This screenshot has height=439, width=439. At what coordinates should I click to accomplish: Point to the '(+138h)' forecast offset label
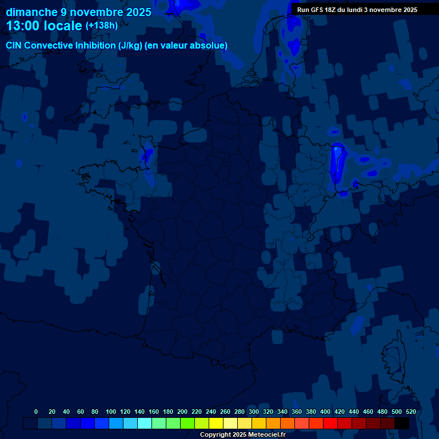[x=102, y=26]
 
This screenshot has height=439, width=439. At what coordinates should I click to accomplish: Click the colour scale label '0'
[x=36, y=412]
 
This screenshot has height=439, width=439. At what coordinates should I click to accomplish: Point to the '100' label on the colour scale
[x=111, y=412]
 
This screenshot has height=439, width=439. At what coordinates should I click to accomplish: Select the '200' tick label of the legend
[x=182, y=412]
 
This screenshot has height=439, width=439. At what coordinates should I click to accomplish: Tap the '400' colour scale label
[x=325, y=412]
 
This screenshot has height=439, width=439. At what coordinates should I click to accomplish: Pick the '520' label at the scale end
[x=410, y=412]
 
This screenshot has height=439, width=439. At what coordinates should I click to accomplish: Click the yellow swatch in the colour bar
[x=216, y=423]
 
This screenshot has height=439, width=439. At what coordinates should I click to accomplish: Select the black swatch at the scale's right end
[x=402, y=423]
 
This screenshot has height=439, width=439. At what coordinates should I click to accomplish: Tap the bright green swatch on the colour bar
[x=187, y=423]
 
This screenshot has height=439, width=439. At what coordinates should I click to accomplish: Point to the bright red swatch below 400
[x=330, y=423]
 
